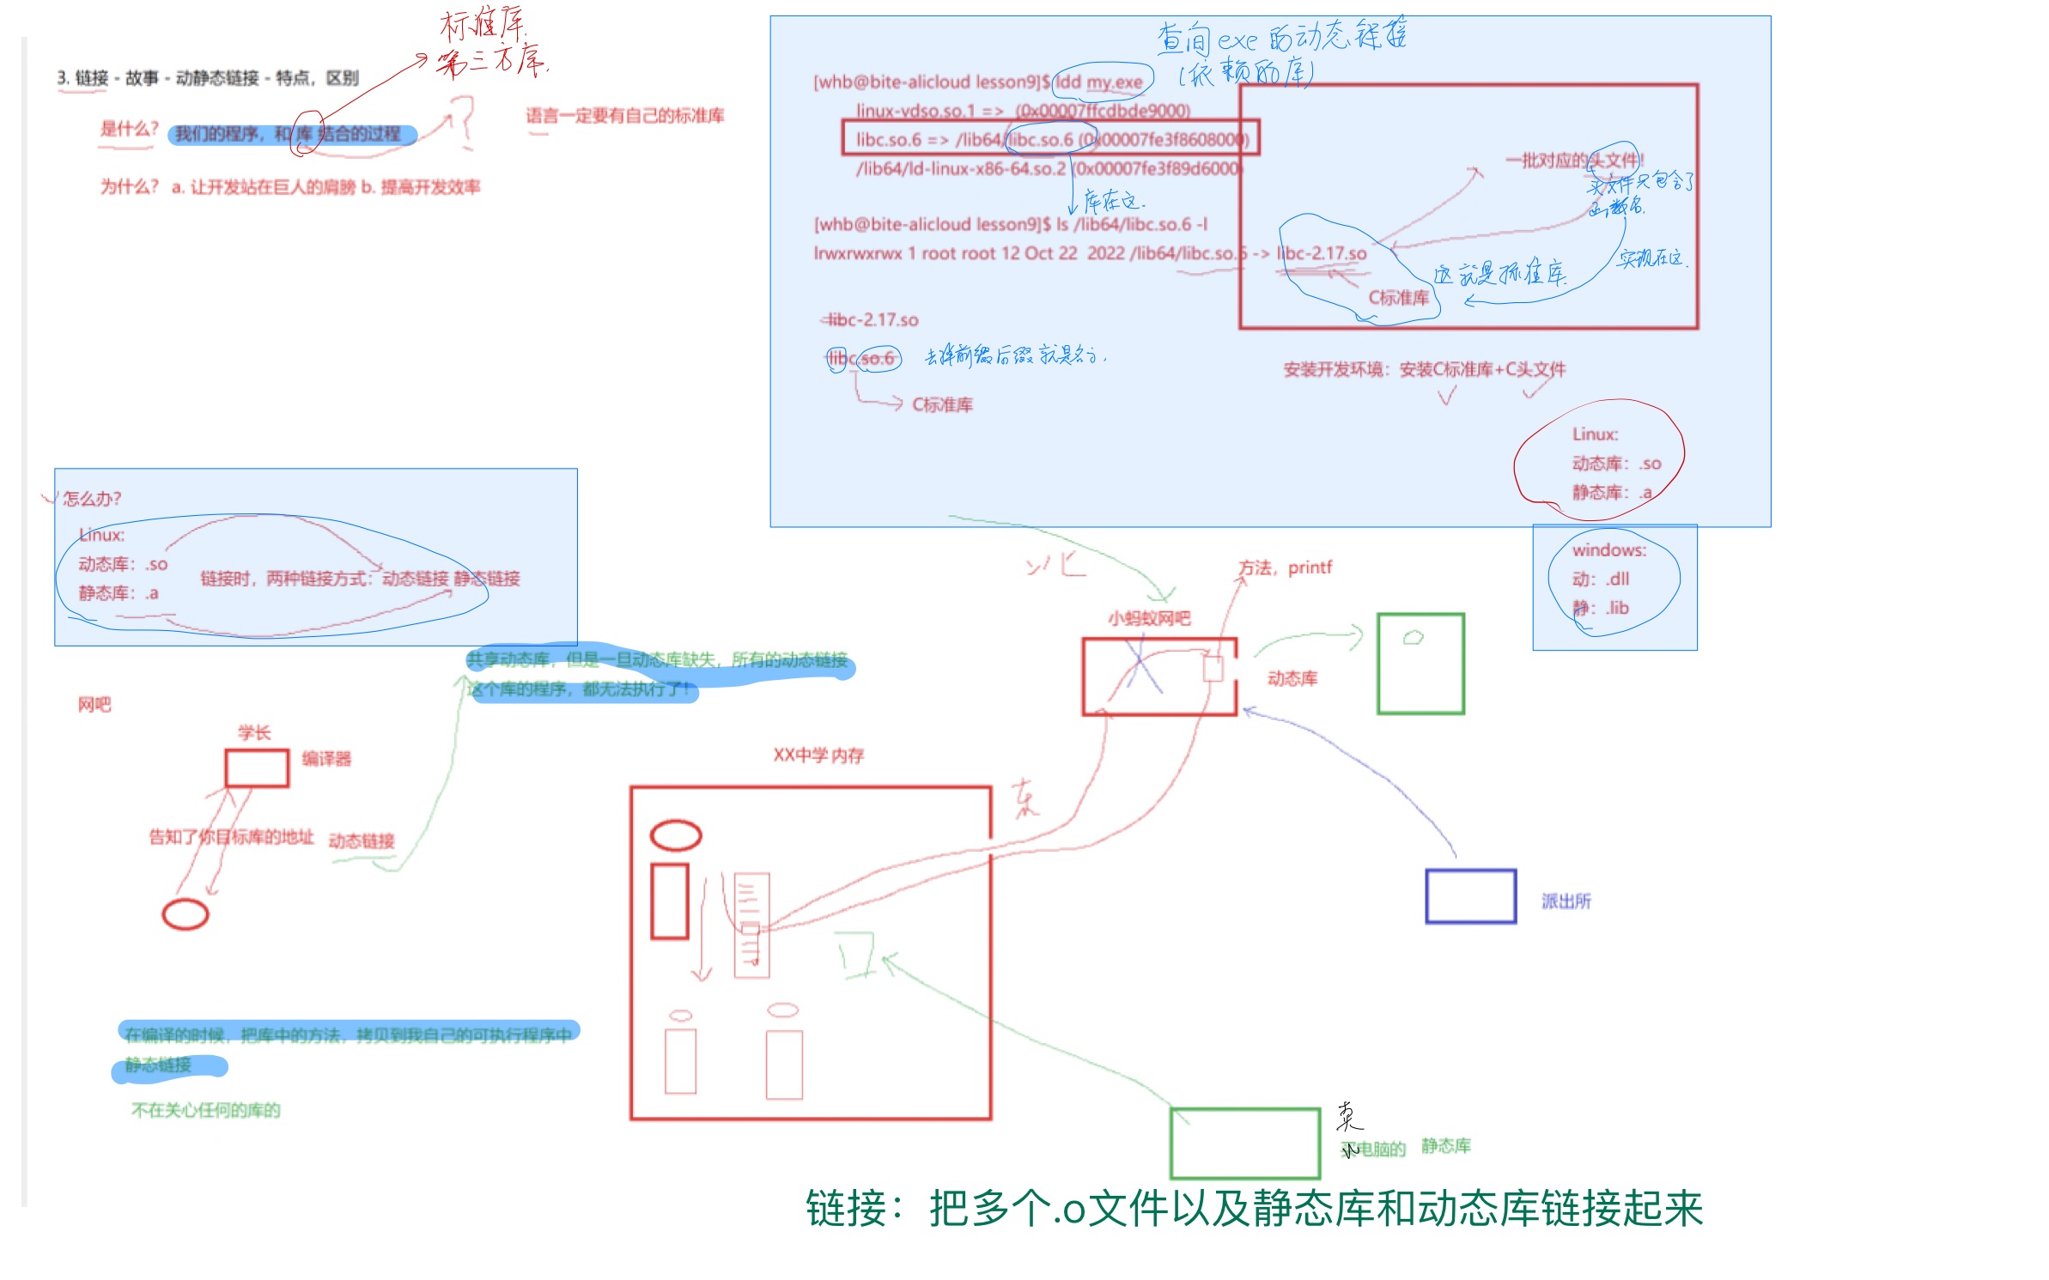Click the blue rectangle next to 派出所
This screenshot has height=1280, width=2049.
(1469, 896)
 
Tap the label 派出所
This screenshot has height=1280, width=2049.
(1566, 901)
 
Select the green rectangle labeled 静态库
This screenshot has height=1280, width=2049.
(1244, 1144)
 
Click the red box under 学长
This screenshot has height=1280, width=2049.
(256, 767)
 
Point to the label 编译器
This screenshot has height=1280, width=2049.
(326, 759)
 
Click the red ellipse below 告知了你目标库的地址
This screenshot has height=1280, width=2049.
(185, 914)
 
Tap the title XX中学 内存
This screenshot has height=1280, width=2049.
(818, 755)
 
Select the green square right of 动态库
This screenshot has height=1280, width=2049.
(1420, 664)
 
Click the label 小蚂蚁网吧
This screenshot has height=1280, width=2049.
(1148, 618)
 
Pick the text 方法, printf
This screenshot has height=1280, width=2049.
(1285, 567)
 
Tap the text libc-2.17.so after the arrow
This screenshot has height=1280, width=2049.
(1322, 253)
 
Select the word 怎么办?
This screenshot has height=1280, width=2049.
(92, 499)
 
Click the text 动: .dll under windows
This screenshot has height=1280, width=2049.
(1600, 579)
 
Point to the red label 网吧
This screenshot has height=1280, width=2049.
(94, 705)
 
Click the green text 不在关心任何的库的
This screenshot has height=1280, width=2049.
(205, 1110)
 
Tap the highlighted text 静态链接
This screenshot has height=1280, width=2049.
(158, 1065)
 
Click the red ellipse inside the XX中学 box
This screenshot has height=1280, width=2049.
(676, 835)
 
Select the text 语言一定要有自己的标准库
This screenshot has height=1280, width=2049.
(625, 116)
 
